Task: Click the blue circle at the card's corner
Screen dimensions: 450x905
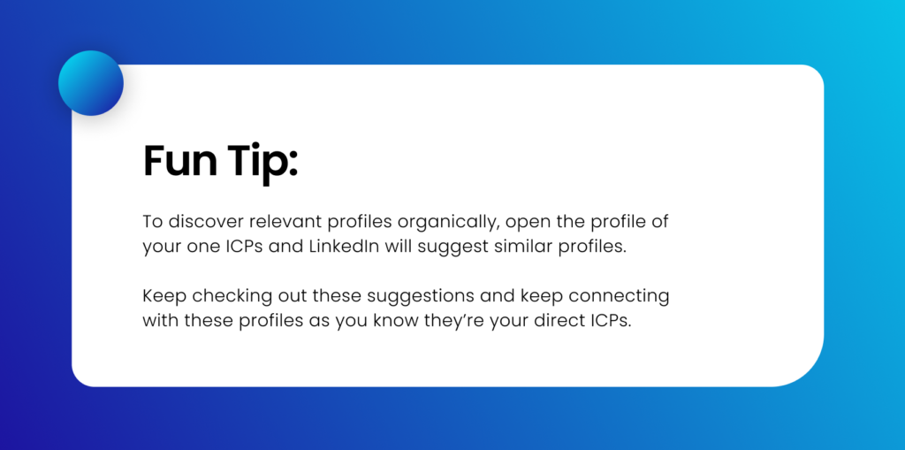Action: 90,83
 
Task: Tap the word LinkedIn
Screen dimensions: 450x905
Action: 344,247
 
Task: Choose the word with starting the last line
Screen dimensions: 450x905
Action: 160,320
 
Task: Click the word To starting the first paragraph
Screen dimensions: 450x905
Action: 152,221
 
